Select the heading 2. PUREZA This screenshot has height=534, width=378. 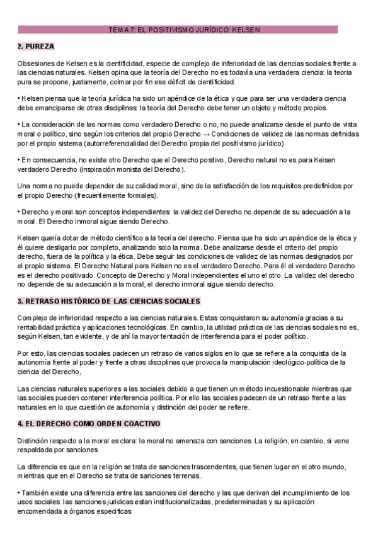coord(36,47)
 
